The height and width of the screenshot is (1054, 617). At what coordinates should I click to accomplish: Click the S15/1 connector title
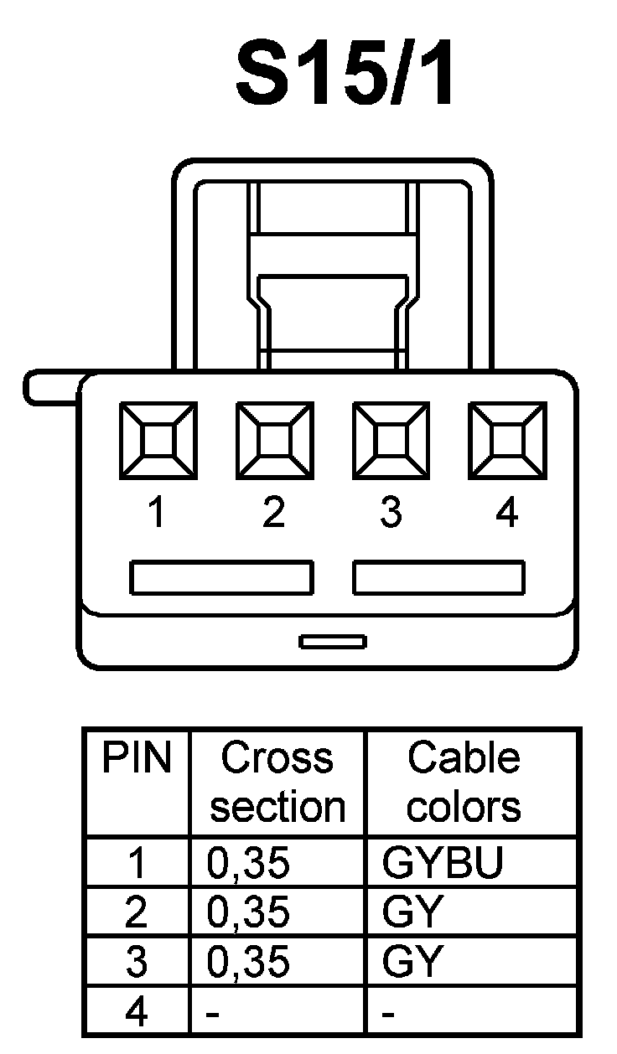pos(345,77)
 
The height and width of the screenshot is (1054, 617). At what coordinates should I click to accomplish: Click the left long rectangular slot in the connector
pos(222,578)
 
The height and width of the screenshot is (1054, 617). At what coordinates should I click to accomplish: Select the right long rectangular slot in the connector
pos(438,578)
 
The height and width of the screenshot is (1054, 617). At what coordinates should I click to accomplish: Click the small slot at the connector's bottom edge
pos(332,642)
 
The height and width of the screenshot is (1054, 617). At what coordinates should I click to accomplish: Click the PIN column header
pos(137,759)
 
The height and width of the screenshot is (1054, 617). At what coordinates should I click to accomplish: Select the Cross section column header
pos(277,783)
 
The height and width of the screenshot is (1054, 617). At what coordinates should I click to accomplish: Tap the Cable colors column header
pos(464,783)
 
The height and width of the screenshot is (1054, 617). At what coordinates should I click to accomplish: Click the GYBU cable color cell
pos(442,864)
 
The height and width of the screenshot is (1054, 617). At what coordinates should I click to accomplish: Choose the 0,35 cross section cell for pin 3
pos(248,964)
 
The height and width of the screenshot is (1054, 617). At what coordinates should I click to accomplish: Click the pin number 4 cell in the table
pos(136,1013)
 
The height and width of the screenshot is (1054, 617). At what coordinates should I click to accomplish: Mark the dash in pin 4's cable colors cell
pos(388,1015)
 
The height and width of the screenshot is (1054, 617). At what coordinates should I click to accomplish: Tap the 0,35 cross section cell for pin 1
pos(248,864)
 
